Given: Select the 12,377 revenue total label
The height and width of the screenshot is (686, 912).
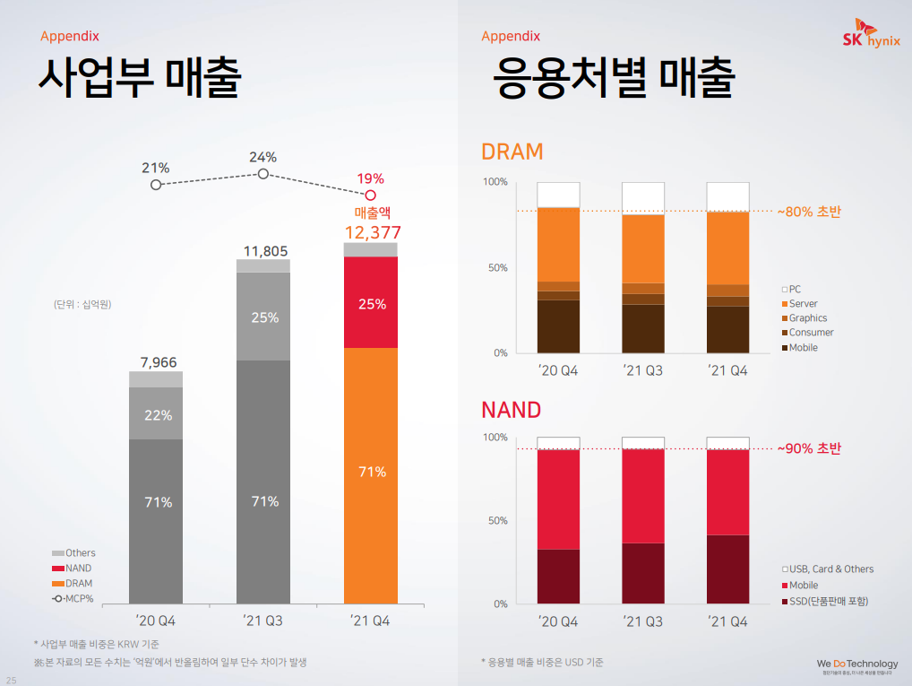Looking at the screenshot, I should (x=372, y=233).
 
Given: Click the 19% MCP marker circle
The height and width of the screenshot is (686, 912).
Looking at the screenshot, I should (x=371, y=194).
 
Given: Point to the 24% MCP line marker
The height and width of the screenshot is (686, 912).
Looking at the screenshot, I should (x=263, y=173).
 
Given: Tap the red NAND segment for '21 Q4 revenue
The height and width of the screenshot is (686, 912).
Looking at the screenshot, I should (x=371, y=302).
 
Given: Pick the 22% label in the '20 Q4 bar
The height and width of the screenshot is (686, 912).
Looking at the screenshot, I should (x=158, y=415).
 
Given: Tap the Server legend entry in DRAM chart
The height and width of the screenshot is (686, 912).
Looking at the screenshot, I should (x=802, y=304).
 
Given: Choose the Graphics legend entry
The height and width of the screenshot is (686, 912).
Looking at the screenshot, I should (x=806, y=318).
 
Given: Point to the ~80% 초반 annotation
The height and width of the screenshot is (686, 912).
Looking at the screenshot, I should (x=809, y=212).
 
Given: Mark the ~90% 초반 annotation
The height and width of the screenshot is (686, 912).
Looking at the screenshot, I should (x=809, y=448).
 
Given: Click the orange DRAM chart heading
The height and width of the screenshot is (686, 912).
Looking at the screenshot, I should (x=512, y=152).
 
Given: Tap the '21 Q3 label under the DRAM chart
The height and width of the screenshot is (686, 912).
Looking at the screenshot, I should (x=643, y=370).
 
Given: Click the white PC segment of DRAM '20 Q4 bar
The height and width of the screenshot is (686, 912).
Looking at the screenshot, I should (x=559, y=195).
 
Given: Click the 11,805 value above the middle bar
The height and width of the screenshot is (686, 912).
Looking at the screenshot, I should (x=264, y=251).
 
